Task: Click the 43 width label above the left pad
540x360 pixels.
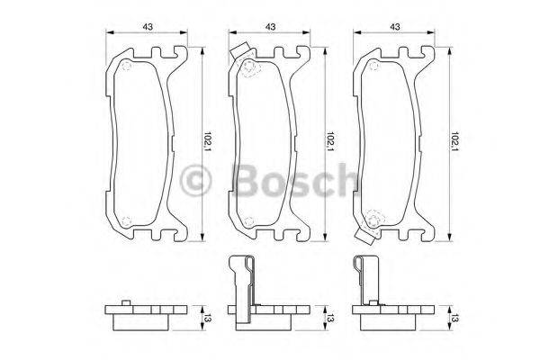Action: click(x=146, y=26)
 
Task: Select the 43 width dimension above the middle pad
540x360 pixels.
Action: click(x=270, y=26)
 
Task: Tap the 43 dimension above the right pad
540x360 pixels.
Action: click(x=394, y=26)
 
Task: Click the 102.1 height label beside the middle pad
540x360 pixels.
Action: click(x=330, y=142)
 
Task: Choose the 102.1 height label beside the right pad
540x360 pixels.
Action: click(x=455, y=142)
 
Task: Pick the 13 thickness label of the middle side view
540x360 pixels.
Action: click(x=330, y=317)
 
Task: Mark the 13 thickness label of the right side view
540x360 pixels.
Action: click(x=455, y=317)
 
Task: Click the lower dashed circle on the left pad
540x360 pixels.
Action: click(x=125, y=219)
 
